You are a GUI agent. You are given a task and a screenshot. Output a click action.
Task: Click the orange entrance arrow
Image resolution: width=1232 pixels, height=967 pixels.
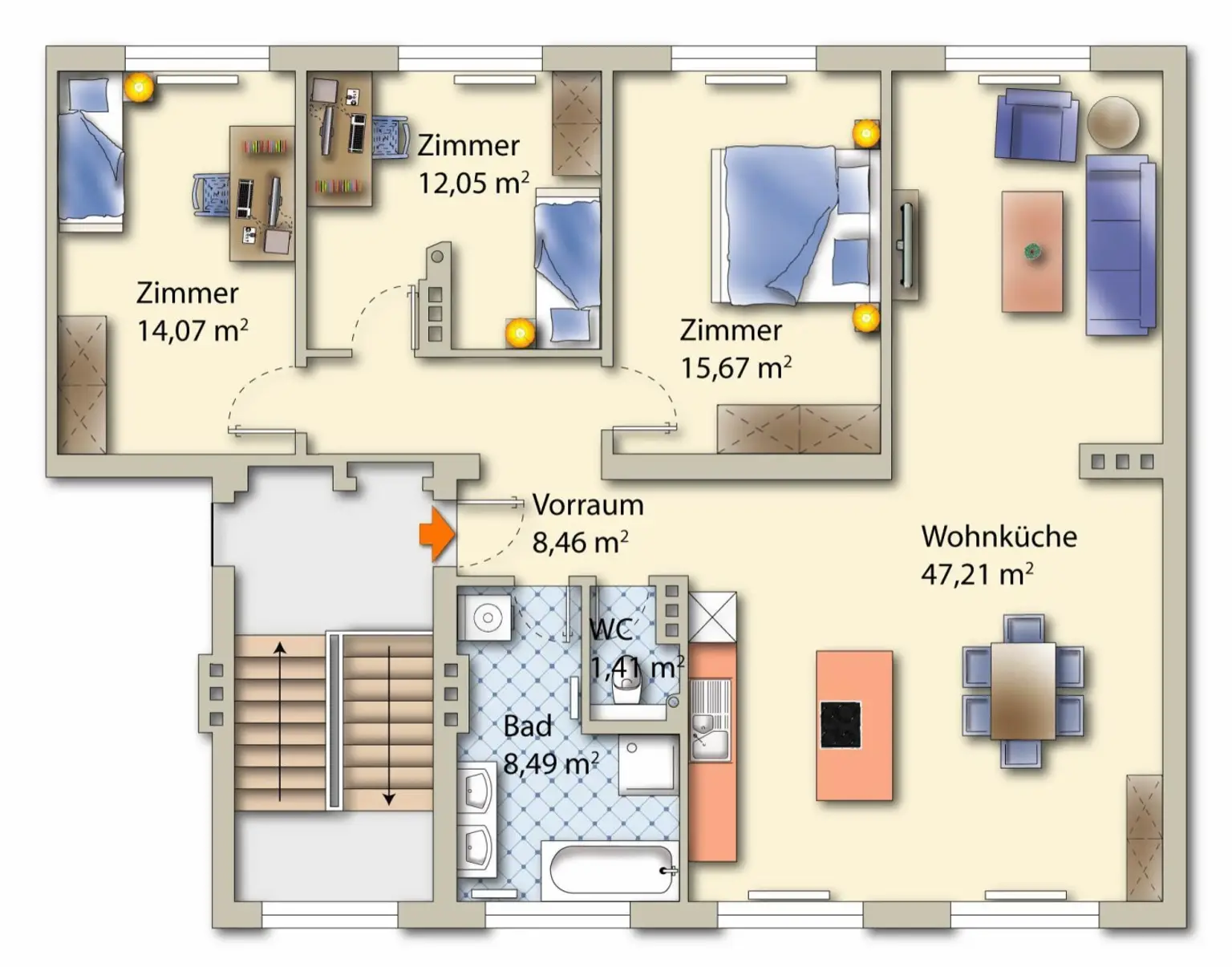coord(437,534)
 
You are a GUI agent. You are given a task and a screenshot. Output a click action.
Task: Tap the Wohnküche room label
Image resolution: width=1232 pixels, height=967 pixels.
coord(999,536)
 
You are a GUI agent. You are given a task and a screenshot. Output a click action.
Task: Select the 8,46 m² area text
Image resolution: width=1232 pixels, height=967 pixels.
coord(580,541)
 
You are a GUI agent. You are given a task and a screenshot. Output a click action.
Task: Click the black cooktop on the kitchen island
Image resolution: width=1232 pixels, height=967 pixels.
coord(841,725)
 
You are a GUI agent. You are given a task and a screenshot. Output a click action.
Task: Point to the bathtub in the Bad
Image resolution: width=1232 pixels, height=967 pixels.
coord(610,871)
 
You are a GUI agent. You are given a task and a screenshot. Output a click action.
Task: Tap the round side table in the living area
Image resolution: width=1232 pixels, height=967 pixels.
coord(1113,123)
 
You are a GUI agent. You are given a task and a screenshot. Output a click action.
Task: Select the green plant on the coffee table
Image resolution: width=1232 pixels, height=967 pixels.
coord(1032,251)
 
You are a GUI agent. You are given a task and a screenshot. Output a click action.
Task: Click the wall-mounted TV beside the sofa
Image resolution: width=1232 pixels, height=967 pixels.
coord(906,245)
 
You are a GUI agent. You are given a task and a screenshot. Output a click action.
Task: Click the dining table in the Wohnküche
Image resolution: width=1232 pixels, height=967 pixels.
coord(1023,691)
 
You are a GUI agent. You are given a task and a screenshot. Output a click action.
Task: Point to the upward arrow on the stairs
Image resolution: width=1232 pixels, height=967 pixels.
coord(280,722)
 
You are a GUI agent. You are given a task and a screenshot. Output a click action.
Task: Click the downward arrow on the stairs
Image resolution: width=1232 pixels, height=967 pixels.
coord(389,726)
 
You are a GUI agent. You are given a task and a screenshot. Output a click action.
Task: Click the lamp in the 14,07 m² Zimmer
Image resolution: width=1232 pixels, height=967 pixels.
coord(139,87)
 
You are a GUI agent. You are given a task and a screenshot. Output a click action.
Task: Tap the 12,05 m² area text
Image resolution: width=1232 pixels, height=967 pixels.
coord(474,182)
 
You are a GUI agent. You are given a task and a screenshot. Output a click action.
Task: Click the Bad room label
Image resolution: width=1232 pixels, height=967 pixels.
coord(527,726)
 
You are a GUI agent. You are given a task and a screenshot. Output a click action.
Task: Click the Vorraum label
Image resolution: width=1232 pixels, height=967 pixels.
coord(588,504)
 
